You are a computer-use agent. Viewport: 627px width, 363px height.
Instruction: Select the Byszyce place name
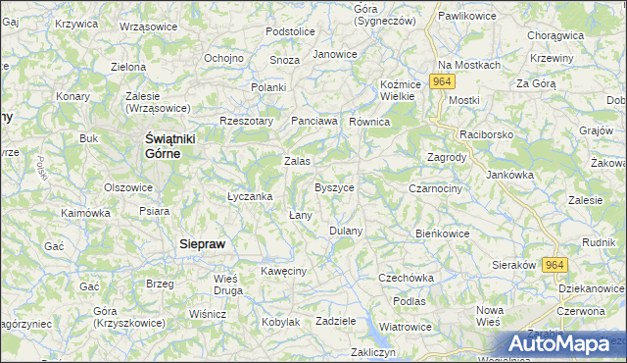pyautogui.click(x=334, y=186)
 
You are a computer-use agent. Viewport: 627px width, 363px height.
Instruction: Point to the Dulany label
pyautogui.click(x=346, y=231)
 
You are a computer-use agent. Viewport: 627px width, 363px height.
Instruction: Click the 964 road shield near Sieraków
pyautogui.click(x=555, y=265)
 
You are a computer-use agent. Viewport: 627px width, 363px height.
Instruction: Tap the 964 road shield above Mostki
pyautogui.click(x=443, y=82)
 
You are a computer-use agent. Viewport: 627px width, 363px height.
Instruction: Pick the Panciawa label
pyautogui.click(x=314, y=121)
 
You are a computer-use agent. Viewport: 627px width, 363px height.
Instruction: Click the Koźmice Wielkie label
pyautogui.click(x=400, y=90)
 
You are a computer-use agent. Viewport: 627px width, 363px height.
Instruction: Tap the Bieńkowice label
pyautogui.click(x=444, y=233)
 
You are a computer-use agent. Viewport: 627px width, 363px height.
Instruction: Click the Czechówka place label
pyautogui.click(x=406, y=278)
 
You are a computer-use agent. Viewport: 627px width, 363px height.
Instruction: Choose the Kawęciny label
pyautogui.click(x=284, y=270)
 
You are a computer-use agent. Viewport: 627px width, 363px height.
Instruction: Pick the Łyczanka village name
pyautogui.click(x=249, y=196)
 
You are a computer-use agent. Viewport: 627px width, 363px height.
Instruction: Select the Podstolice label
pyautogui.click(x=290, y=31)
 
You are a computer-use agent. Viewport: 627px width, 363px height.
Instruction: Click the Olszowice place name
pyautogui.click(x=128, y=186)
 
